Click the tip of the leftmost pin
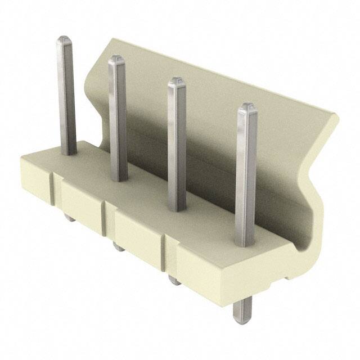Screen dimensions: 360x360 (64, 40)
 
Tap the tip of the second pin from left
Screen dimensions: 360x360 (116, 58)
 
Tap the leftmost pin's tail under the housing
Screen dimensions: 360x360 (69, 217)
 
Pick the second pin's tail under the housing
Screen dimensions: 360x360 (119, 246)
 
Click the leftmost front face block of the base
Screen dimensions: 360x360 (36, 179)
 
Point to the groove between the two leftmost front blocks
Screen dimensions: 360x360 (55, 186)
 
